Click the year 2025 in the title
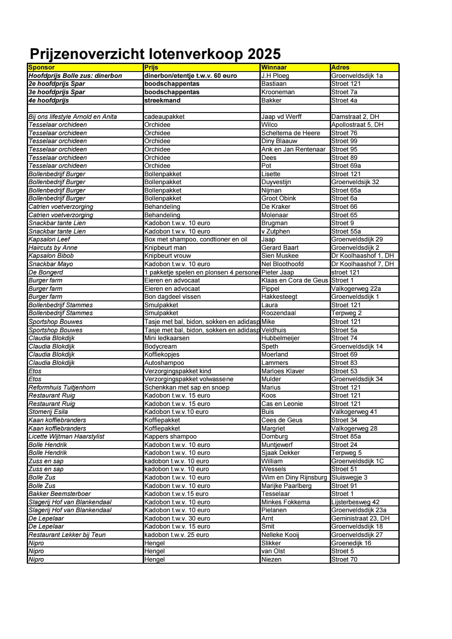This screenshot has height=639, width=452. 264,54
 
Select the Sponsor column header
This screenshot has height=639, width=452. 41,67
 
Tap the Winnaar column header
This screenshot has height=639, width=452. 274,67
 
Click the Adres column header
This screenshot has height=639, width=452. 340,67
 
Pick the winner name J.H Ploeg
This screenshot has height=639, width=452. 275,76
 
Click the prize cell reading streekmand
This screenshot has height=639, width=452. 162,100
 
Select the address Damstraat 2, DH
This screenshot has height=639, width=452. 355,117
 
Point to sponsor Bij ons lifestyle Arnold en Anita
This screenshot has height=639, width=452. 72,117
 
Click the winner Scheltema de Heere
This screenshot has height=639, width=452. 290,133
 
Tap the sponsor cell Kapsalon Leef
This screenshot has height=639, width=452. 49,239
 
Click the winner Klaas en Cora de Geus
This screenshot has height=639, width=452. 294,280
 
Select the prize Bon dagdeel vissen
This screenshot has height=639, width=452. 172,297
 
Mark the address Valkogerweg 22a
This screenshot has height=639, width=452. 356,289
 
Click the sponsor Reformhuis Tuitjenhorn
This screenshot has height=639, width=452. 62,388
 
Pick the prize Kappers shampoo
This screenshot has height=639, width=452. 170,436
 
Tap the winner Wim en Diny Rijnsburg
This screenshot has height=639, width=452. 294,477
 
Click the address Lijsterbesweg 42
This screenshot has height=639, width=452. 355,502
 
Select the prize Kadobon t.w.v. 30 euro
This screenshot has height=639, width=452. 177,518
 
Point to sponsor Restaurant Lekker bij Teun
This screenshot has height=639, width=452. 67,535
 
